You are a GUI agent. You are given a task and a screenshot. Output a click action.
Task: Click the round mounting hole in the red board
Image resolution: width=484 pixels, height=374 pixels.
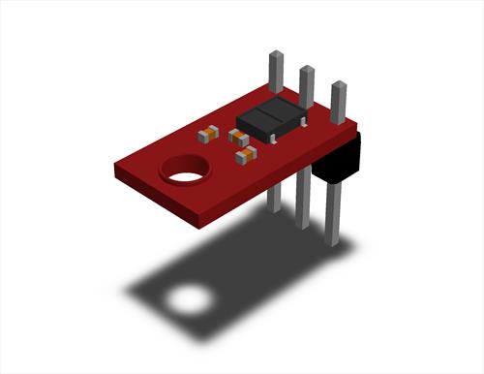click(x=186, y=171)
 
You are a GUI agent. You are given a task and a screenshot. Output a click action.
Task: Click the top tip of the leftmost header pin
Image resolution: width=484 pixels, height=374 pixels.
click(x=275, y=57)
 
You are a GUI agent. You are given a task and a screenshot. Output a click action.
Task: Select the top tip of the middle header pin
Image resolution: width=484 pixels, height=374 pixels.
click(x=307, y=72)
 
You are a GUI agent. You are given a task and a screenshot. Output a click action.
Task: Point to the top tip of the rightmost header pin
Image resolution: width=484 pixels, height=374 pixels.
click(x=339, y=87)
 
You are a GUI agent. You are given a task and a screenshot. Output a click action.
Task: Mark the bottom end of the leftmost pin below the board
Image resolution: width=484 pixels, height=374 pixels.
click(x=274, y=207)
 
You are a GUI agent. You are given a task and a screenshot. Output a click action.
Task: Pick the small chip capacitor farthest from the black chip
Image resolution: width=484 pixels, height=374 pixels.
click(x=206, y=135)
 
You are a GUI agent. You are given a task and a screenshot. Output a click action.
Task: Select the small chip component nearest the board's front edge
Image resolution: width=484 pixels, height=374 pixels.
click(x=245, y=153)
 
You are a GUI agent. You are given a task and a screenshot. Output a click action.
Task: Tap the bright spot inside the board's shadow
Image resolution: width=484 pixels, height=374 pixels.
click(x=190, y=299)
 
